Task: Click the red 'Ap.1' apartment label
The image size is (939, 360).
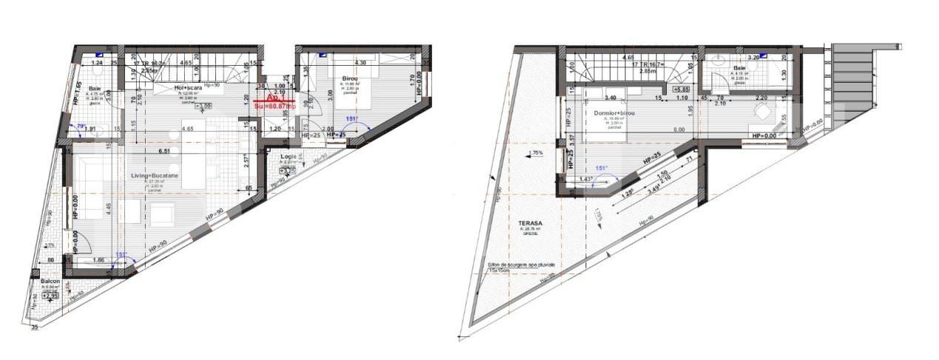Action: coord(273,98)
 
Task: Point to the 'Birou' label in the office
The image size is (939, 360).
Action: coord(351,78)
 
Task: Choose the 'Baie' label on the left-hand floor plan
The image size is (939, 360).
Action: coord(95,88)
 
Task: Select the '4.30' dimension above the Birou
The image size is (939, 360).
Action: coord(361,63)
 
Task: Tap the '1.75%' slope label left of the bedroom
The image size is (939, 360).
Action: coord(536,154)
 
